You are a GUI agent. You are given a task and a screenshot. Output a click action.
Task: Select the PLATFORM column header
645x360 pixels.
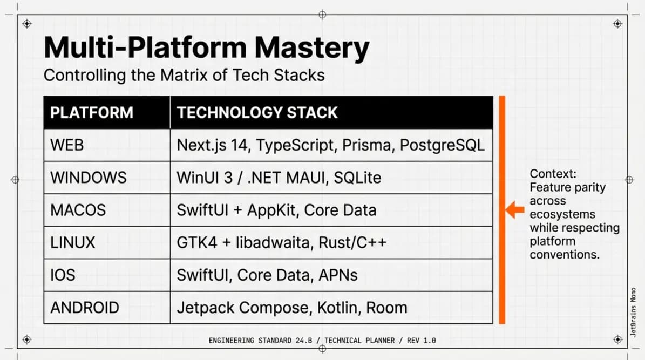pyautogui.click(x=92, y=113)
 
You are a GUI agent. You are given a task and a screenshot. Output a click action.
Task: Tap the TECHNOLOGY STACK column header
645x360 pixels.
pyautogui.click(x=257, y=113)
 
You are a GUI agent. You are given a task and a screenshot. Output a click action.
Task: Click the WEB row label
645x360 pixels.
pyautogui.click(x=67, y=145)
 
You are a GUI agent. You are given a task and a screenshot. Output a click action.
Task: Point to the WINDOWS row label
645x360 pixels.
pyautogui.click(x=89, y=178)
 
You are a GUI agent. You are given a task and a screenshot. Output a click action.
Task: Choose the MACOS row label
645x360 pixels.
pyautogui.click(x=78, y=210)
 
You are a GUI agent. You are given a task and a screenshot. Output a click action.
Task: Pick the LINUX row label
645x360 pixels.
pyautogui.click(x=73, y=243)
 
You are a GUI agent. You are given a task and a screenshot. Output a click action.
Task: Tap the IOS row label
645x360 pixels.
pyautogui.click(x=63, y=275)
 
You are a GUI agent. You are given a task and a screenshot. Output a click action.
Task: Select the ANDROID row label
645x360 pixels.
pyautogui.click(x=85, y=308)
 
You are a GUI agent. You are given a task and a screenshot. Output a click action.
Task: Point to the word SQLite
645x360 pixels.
pyautogui.click(x=357, y=178)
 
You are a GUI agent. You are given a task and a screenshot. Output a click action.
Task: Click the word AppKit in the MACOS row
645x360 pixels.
pyautogui.click(x=271, y=210)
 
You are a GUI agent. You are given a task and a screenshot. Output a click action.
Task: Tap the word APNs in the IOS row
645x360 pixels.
pyautogui.click(x=338, y=275)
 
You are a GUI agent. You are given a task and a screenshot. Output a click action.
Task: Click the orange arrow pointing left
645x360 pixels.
pyautogui.click(x=514, y=209)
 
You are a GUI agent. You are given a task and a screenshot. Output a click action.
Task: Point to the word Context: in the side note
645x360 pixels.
pyautogui.click(x=553, y=174)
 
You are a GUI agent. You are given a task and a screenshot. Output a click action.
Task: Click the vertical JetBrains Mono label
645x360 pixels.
pyautogui.click(x=633, y=313)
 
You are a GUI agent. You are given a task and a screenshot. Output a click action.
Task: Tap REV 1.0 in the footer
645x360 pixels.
pyautogui.click(x=421, y=341)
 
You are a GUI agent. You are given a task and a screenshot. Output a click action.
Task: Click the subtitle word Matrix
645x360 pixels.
pyautogui.click(x=184, y=75)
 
